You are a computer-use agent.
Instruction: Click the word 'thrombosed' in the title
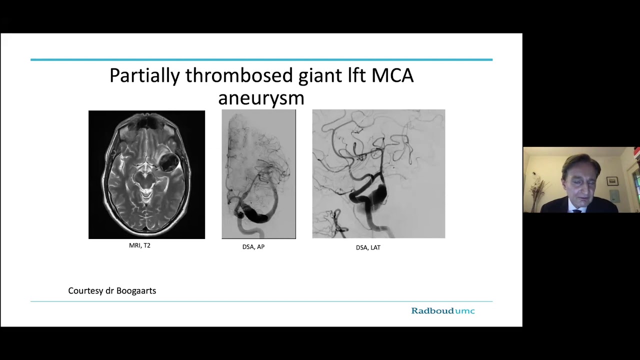click(239, 76)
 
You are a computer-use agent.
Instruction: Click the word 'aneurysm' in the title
click(261, 97)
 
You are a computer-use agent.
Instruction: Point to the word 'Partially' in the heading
click(144, 76)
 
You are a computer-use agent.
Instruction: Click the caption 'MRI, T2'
click(139, 245)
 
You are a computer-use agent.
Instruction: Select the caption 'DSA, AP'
click(253, 246)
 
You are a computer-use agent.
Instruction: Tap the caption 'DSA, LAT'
click(368, 247)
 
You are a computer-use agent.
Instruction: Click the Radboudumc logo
click(442, 311)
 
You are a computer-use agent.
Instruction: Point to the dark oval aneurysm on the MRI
click(169, 162)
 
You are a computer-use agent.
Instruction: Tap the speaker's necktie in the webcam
click(577, 210)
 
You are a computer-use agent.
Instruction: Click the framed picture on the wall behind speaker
click(612, 181)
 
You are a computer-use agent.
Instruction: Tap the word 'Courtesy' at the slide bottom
click(86, 290)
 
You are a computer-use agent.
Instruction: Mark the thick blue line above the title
click(261, 59)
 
